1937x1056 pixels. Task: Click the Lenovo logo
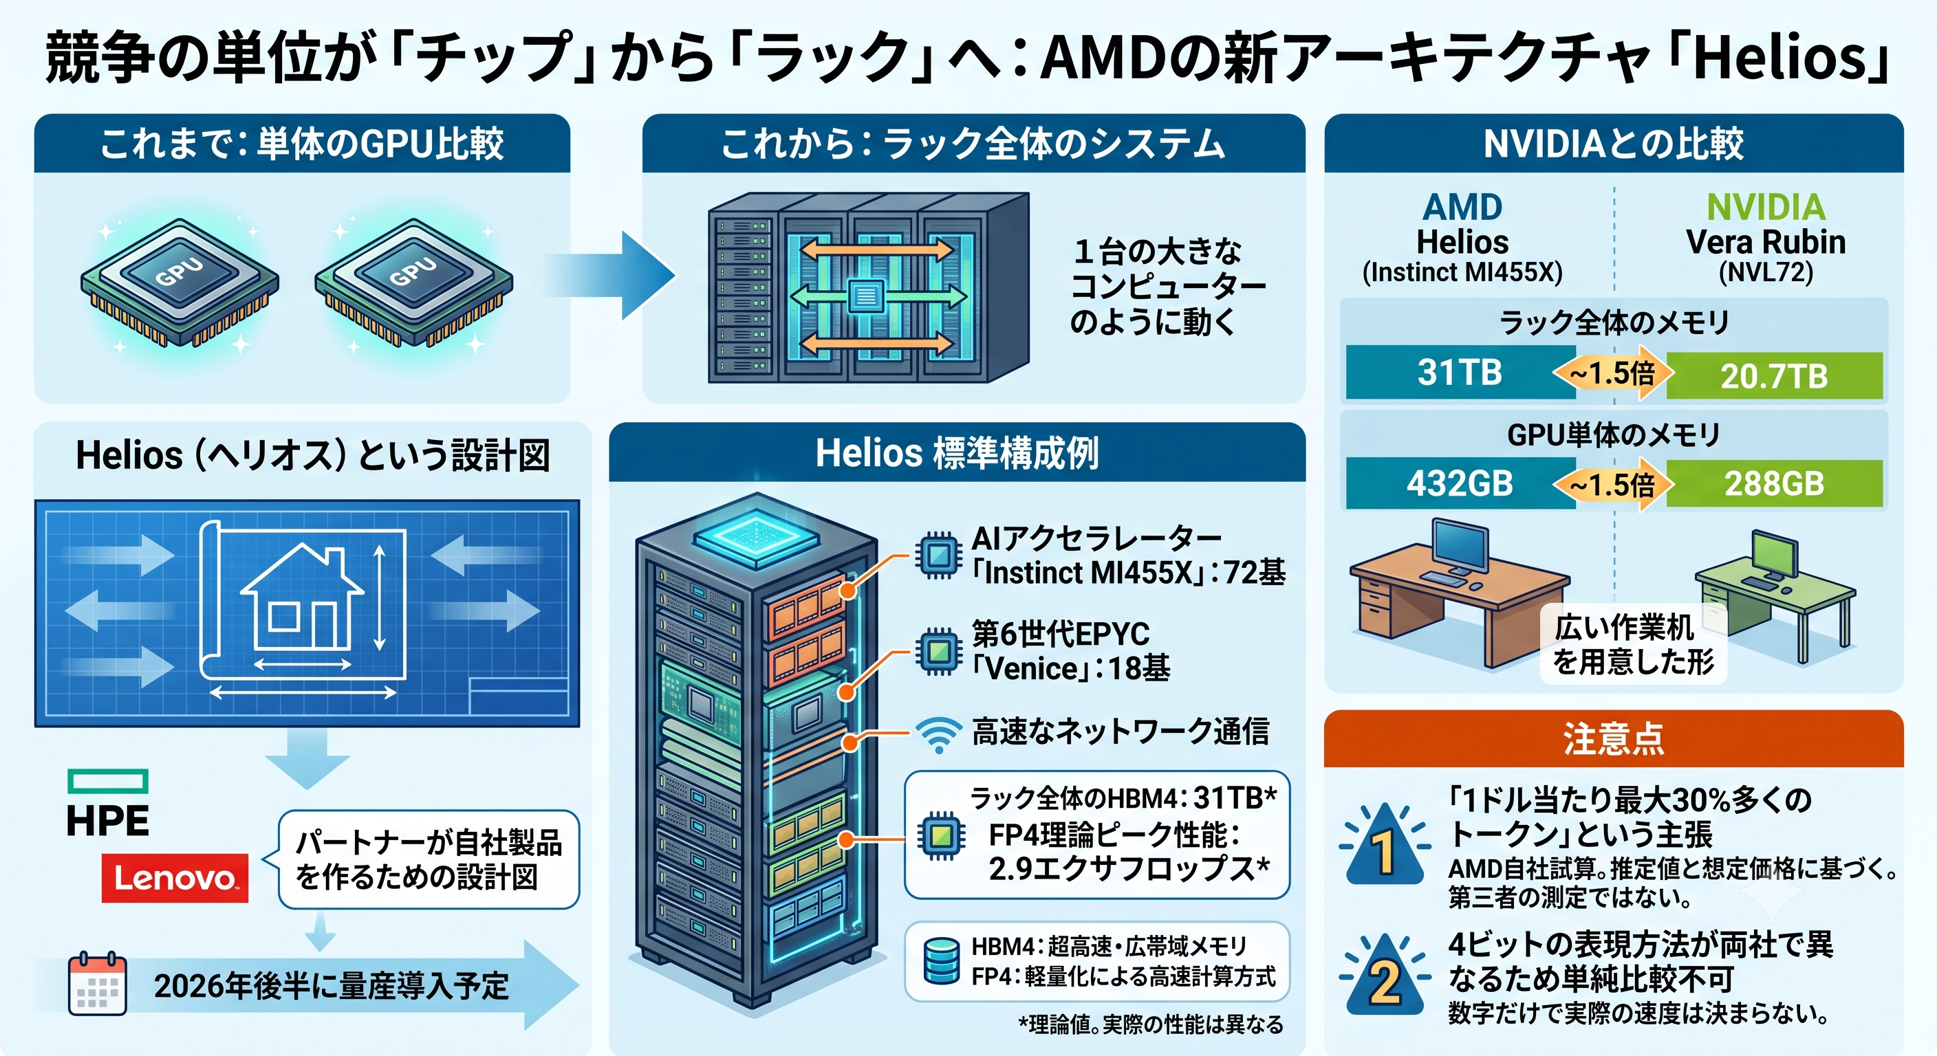click(x=175, y=877)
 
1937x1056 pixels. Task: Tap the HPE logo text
click(x=107, y=820)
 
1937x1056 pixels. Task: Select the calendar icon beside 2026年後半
click(x=97, y=984)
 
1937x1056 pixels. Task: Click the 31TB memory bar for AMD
click(x=1460, y=372)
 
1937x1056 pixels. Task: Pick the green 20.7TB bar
click(x=1774, y=375)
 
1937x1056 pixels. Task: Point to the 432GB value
click(x=1460, y=483)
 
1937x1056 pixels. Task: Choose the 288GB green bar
click(x=1774, y=483)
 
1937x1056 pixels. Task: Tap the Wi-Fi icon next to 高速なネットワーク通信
click(x=938, y=734)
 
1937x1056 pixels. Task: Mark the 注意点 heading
click(x=1614, y=739)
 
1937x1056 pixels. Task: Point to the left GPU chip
click(x=180, y=282)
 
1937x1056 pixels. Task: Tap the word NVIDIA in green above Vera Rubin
click(x=1766, y=208)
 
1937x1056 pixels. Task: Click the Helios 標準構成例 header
click(x=957, y=453)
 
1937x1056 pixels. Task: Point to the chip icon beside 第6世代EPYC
click(x=938, y=650)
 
